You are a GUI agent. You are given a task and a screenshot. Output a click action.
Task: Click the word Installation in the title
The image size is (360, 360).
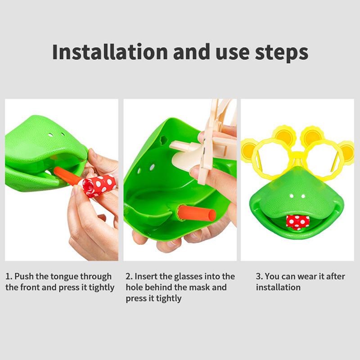point(110,52)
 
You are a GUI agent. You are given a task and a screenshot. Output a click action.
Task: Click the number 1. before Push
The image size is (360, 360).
point(9,276)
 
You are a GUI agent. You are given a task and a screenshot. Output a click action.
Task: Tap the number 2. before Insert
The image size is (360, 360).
point(129,276)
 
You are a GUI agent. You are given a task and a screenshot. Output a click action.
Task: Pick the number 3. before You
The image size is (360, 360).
point(260,276)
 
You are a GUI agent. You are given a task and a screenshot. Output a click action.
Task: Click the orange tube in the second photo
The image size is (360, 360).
point(197,213)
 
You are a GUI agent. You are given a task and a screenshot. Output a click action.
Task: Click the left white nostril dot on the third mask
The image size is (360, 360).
point(292,196)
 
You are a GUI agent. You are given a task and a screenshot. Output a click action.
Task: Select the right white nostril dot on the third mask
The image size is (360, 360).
point(303,196)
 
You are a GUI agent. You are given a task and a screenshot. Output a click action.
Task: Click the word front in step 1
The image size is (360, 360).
point(48,288)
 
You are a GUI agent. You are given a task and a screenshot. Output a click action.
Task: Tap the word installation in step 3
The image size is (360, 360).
point(278,288)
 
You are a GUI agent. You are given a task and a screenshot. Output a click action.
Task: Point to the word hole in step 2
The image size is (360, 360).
point(134,288)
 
